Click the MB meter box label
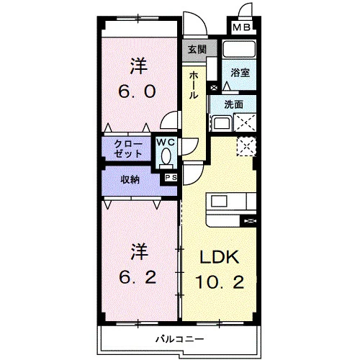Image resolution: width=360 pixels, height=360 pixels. tap(242, 27)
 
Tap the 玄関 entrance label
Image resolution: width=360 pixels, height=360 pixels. tap(197, 50)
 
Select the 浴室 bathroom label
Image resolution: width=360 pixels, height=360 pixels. tap(240, 73)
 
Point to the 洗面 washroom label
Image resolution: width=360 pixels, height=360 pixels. tap(234, 104)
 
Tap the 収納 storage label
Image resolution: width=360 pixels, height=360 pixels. tap(130, 179)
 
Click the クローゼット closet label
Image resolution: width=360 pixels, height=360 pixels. tap(128, 149)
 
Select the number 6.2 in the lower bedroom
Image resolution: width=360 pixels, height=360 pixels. tap(138, 278)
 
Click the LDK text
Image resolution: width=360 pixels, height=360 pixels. tap(220, 257)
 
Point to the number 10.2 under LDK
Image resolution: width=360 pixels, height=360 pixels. tap(220, 282)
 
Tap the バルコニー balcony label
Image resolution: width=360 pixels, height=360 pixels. tap(180, 339)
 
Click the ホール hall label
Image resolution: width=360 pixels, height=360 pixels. tap(194, 86)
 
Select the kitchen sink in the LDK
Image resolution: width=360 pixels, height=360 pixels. tap(219, 201)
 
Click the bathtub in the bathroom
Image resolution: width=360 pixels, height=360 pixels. tap(239, 49)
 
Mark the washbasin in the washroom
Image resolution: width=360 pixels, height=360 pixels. tap(222, 123)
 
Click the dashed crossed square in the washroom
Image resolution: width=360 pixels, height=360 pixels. tap(245, 122)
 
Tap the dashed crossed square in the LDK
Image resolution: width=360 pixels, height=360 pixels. tap(246, 146)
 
